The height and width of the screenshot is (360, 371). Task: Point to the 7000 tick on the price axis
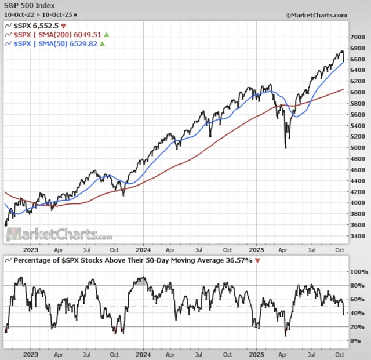pyautogui.click(x=358, y=37)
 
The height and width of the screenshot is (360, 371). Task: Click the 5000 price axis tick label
pyautogui.click(x=358, y=147)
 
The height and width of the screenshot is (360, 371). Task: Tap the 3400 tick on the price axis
pyautogui.click(x=358, y=237)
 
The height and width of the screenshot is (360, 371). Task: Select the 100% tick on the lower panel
pyautogui.click(x=358, y=271)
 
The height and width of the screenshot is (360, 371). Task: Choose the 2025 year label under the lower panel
pyautogui.click(x=258, y=354)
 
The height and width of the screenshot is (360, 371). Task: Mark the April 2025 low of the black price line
pyautogui.click(x=285, y=147)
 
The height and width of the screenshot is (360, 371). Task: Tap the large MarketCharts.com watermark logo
pyautogui.click(x=58, y=235)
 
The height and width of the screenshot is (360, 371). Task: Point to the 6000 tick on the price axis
pyautogui.click(x=358, y=92)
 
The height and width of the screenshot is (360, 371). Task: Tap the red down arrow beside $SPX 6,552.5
pyautogui.click(x=63, y=26)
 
